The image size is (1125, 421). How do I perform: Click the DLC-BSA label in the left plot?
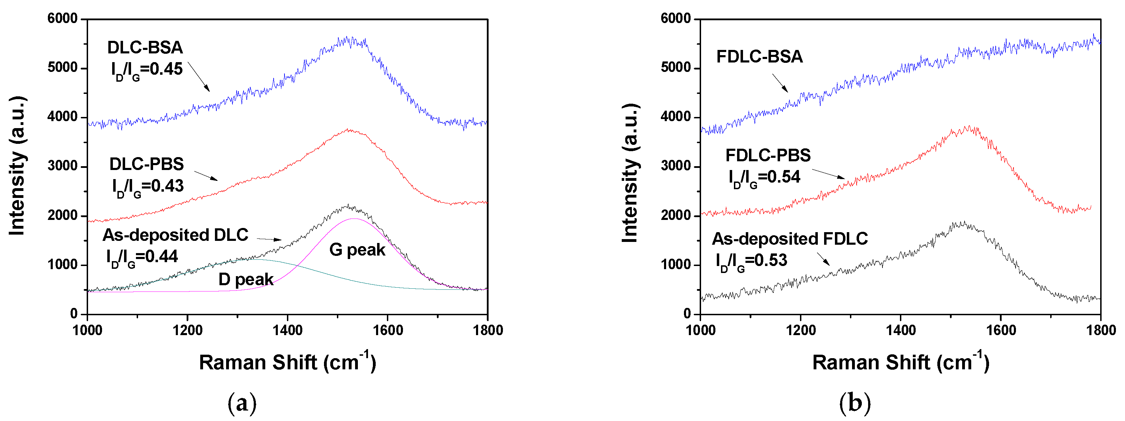(x=145, y=47)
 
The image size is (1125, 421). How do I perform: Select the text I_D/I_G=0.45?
(x=147, y=70)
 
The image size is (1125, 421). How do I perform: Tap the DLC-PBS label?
(x=147, y=164)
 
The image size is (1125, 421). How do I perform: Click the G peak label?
(x=357, y=250)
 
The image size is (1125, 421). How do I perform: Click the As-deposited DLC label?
(x=175, y=235)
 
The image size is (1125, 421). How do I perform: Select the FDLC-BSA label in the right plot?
(x=759, y=57)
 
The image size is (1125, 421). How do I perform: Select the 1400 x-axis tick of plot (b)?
(x=901, y=330)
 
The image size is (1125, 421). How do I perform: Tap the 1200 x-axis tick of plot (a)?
(x=187, y=330)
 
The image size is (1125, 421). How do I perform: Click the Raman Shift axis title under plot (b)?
(x=901, y=362)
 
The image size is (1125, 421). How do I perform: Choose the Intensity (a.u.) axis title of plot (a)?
(x=17, y=166)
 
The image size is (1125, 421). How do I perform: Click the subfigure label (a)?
(x=243, y=403)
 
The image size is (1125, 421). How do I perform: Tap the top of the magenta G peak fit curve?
(x=354, y=219)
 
